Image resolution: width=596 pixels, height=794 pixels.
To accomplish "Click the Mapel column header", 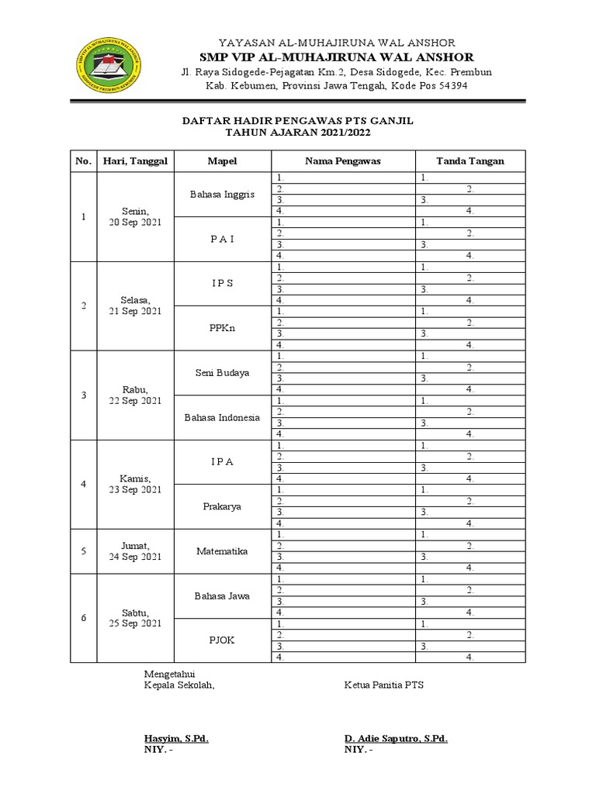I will point(222,161).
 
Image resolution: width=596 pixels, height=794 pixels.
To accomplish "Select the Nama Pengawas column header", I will point(342,161).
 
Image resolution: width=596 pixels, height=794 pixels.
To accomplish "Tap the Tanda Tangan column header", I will point(470,161).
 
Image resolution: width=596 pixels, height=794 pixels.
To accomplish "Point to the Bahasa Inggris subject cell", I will point(222,195).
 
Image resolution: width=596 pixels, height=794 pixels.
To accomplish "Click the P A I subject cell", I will point(222,239).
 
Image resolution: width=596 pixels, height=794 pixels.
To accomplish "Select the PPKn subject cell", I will point(222,328).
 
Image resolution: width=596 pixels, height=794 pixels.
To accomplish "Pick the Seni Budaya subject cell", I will point(222,373).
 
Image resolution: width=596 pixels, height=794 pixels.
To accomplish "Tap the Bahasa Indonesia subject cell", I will point(222,417).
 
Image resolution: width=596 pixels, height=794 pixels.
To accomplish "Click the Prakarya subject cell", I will point(222,506).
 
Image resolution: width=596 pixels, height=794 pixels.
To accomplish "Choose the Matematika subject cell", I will point(222,551).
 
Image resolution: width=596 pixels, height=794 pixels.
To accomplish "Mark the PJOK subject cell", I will point(222,640).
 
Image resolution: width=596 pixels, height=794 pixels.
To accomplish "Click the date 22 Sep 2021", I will point(135,401).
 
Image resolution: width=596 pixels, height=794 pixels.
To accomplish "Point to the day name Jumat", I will point(135,546).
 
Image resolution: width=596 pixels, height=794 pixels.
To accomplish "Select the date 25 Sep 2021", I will point(135,623).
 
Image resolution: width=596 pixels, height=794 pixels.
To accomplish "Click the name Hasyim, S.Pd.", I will point(176,738).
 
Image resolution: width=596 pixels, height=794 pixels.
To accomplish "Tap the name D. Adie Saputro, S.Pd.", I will point(396,738).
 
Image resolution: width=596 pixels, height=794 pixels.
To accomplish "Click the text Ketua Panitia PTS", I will point(384,685).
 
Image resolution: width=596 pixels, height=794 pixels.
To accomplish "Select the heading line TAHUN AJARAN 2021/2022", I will point(298,133).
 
